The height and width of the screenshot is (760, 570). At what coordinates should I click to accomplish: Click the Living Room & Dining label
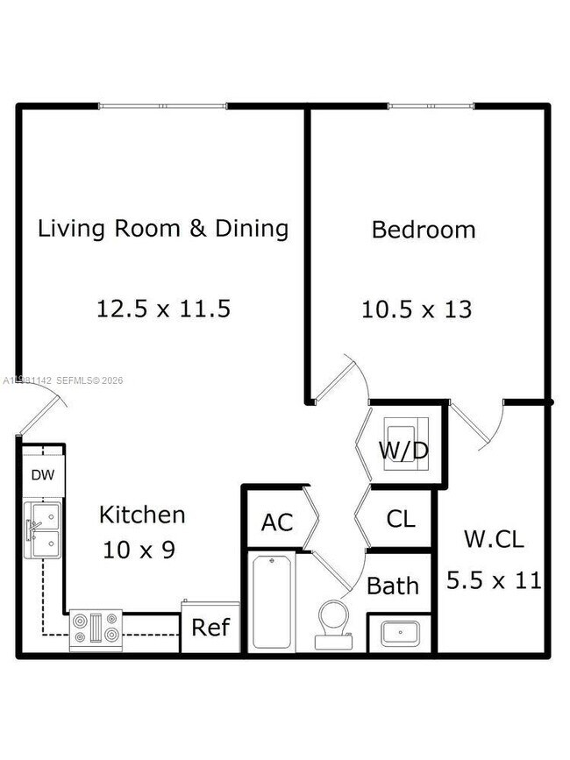point(163,229)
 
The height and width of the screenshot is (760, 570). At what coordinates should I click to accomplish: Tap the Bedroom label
point(424,230)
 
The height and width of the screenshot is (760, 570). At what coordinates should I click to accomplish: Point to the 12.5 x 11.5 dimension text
point(163,309)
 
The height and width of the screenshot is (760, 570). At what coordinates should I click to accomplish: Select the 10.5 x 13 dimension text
point(417,309)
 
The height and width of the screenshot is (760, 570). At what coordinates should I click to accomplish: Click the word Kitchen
point(141,515)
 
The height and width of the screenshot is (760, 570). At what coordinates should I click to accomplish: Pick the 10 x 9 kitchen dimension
point(139,550)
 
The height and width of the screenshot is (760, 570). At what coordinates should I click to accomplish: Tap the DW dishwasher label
point(42,475)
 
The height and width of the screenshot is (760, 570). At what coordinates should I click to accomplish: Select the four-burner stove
point(96,630)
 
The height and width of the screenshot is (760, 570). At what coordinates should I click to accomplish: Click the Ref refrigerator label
point(210,628)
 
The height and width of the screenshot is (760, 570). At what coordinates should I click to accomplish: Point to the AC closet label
point(276,522)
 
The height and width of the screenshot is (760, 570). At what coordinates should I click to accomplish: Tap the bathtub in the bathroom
point(273,601)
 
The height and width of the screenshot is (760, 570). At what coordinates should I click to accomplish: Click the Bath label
point(393,586)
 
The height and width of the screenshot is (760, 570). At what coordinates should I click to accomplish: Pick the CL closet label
point(401,519)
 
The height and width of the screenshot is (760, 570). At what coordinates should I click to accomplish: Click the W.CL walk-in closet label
point(494,539)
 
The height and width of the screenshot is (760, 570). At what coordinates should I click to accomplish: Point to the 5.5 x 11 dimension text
point(494,579)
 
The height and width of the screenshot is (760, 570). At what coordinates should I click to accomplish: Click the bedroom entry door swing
point(342,379)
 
